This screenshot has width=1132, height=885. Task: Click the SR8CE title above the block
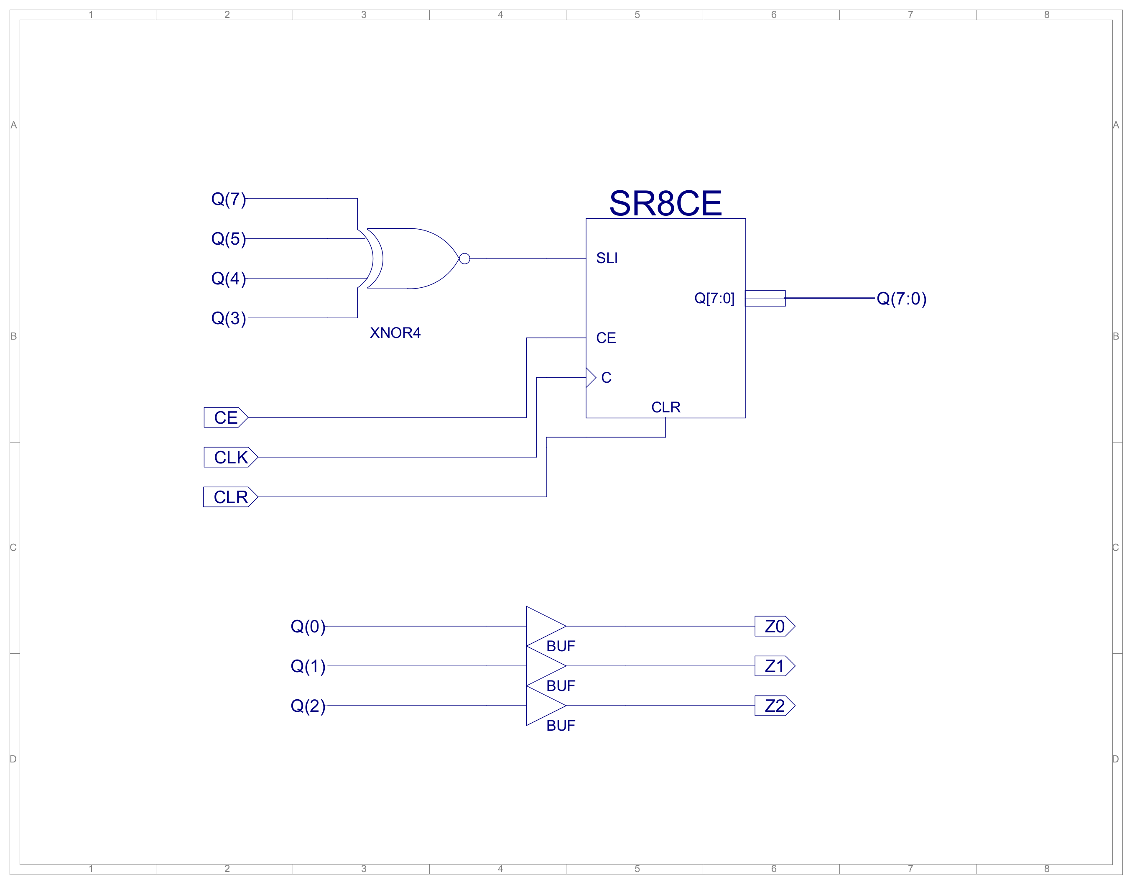(x=665, y=203)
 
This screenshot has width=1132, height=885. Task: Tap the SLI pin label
(x=607, y=258)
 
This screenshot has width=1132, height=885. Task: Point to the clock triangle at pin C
(x=590, y=377)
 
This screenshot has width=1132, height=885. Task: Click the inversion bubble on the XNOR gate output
(x=464, y=258)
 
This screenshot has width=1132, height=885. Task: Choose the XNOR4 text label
(x=395, y=333)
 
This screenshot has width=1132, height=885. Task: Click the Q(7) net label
(x=228, y=199)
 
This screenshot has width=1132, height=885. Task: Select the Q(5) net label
(x=228, y=239)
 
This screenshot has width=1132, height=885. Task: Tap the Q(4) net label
(x=228, y=279)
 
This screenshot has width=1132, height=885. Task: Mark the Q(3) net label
(x=228, y=318)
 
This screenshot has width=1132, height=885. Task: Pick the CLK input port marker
(x=231, y=457)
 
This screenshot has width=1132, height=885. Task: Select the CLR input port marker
(x=231, y=497)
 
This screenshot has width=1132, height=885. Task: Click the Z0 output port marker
(x=774, y=626)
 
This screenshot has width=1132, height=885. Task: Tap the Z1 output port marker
(x=774, y=666)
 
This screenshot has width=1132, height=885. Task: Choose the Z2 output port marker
(x=774, y=706)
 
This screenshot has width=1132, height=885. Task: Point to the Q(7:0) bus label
(x=901, y=299)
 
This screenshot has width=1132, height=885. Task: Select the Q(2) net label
(x=308, y=706)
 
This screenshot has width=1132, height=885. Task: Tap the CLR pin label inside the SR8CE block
(x=665, y=407)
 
